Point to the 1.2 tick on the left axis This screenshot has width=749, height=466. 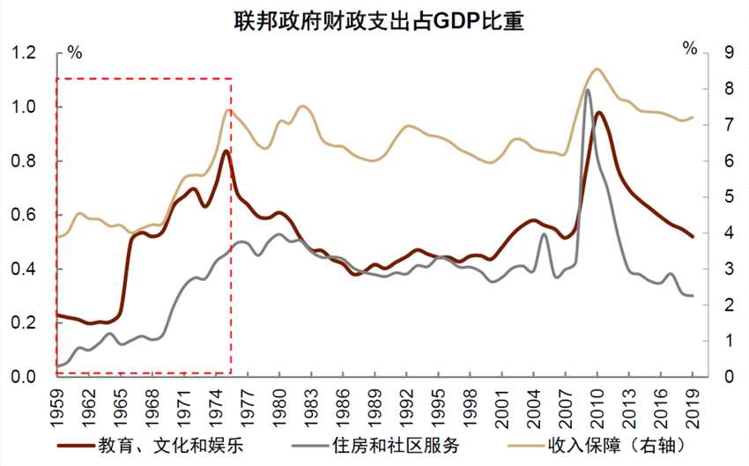(x=24, y=53)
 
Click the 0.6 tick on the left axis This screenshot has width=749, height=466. (x=24, y=215)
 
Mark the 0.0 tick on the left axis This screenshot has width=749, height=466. (x=24, y=377)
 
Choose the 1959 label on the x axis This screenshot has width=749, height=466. (x=57, y=400)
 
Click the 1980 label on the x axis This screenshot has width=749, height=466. (x=279, y=400)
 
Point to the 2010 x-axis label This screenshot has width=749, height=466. (x=597, y=400)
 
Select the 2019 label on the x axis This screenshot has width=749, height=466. (x=692, y=400)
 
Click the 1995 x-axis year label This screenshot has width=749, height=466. (x=438, y=400)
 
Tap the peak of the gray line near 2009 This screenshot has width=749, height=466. (x=588, y=90)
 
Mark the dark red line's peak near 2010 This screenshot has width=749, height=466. (x=598, y=113)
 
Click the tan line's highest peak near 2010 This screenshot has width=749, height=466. (x=597, y=69)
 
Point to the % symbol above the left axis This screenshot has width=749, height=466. (x=74, y=51)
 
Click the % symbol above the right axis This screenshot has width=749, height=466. (x=690, y=47)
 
